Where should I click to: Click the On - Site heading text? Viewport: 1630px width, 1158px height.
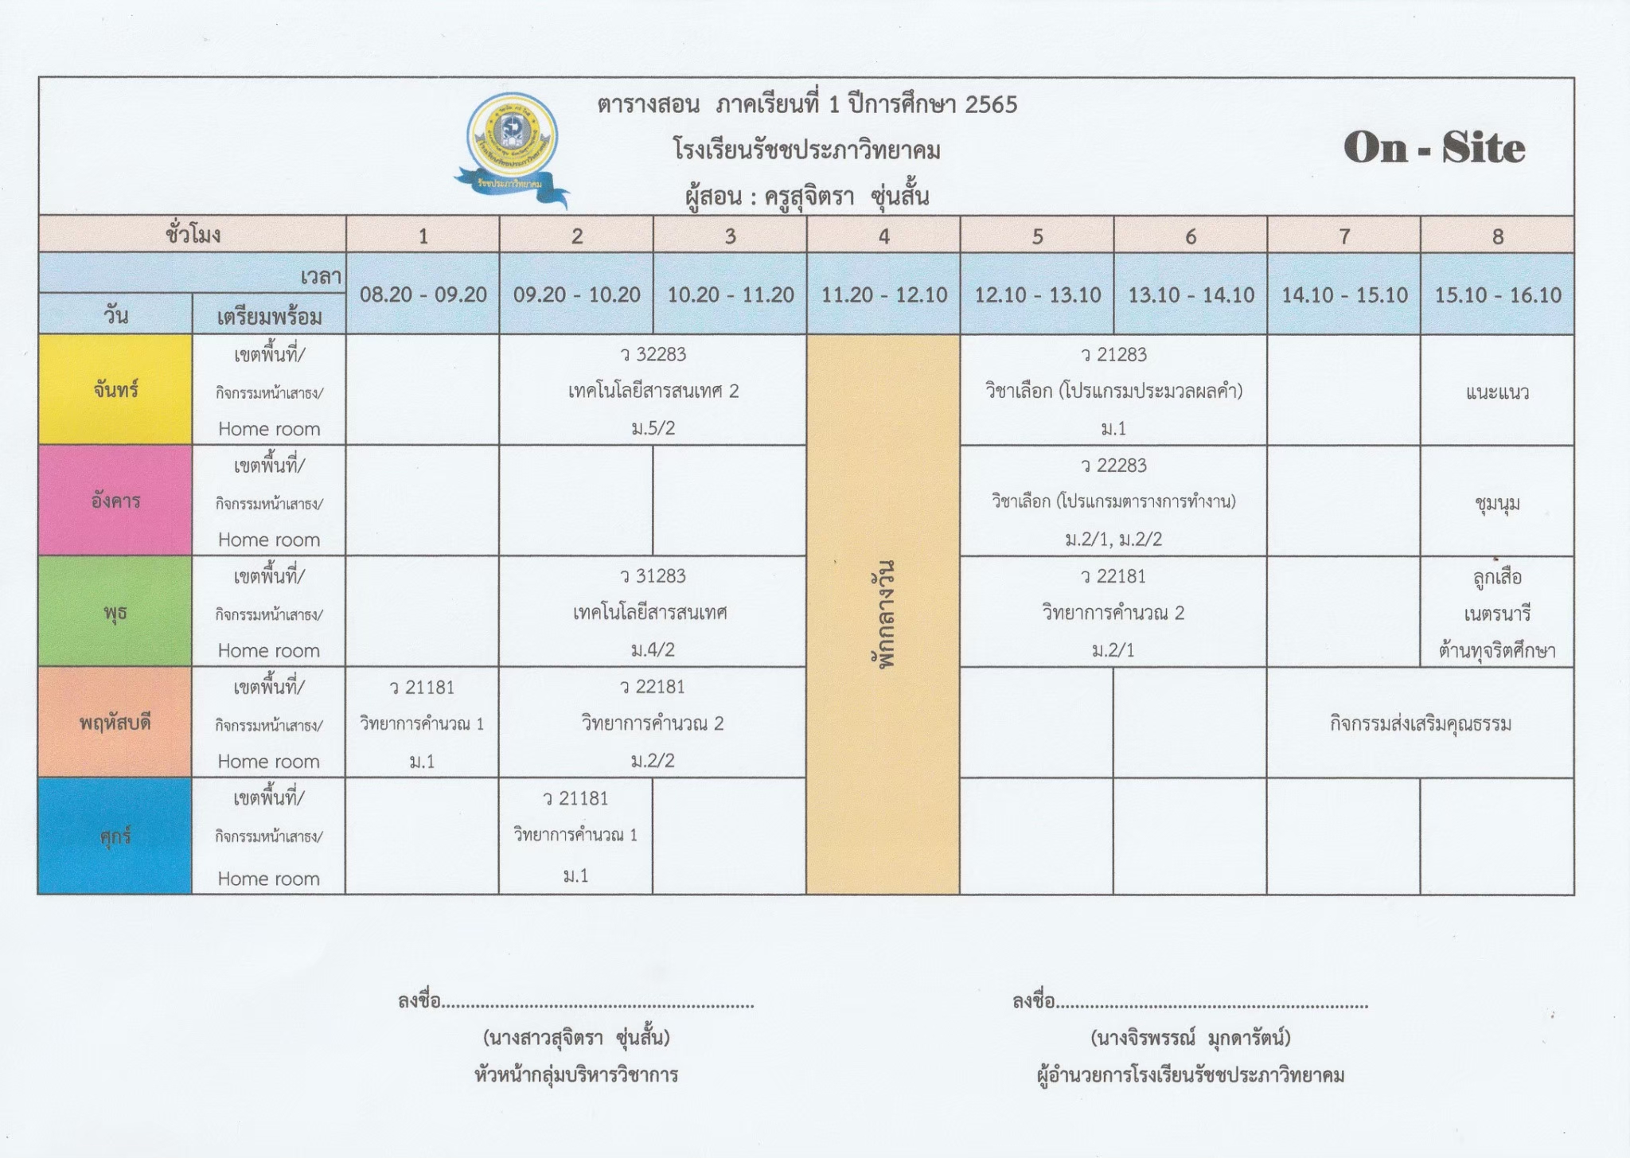(x=1434, y=148)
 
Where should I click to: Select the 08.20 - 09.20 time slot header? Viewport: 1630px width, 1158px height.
(x=423, y=295)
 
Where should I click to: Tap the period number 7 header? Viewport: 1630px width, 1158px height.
(x=1343, y=236)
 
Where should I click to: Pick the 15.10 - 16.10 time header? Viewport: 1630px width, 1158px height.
(x=1497, y=295)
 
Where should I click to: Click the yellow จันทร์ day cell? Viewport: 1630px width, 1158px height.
(x=115, y=390)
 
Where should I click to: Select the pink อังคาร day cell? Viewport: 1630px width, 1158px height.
(x=115, y=501)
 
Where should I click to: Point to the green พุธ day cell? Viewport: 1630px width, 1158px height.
(x=115, y=612)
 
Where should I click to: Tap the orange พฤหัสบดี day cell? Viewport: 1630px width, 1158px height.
(x=115, y=723)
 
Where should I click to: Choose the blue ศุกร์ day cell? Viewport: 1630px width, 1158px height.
(x=115, y=836)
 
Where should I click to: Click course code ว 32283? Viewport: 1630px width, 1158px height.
(x=653, y=354)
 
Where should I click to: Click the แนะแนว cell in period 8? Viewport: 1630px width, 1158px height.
(x=1497, y=392)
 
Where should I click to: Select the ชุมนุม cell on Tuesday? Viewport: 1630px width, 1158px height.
(x=1497, y=503)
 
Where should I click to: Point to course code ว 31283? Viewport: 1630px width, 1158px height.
(x=653, y=576)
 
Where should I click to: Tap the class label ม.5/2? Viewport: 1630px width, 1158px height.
(x=653, y=428)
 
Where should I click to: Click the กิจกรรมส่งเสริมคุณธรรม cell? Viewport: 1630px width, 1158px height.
(x=1420, y=723)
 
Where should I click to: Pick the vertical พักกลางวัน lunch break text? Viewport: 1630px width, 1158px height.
(x=883, y=613)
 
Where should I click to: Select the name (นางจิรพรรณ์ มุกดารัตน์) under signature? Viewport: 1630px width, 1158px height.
(x=1191, y=1038)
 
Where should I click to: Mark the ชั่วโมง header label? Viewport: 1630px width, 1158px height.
(x=193, y=235)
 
